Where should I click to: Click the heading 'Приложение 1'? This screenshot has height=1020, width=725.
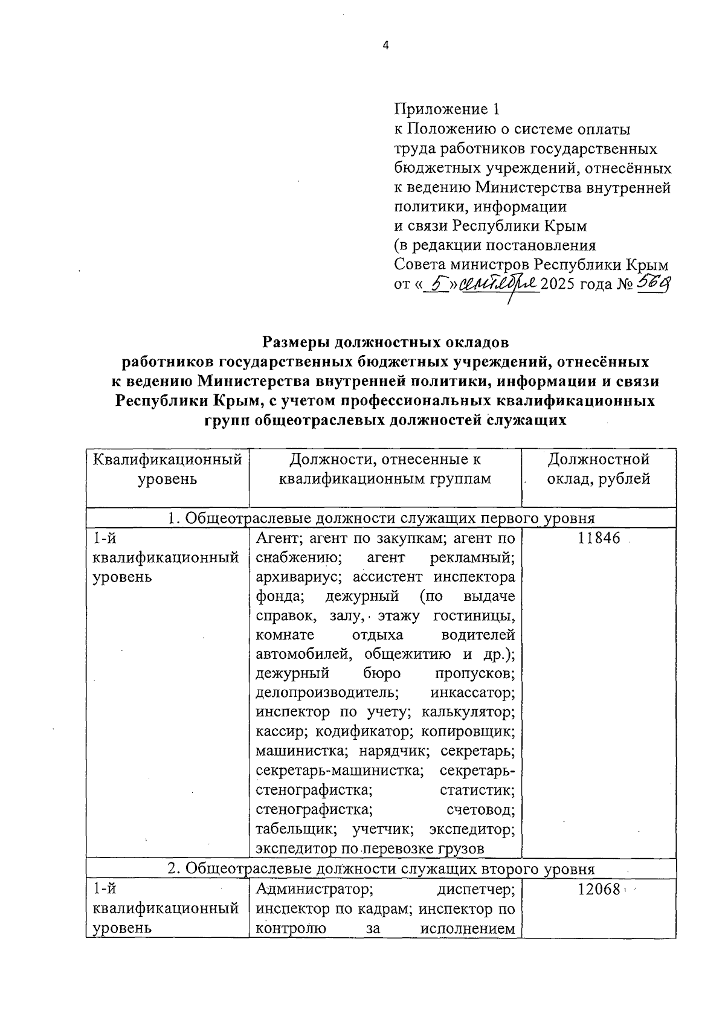click(447, 109)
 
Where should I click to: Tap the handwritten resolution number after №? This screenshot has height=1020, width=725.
click(653, 283)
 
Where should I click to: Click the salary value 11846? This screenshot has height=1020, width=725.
click(599, 539)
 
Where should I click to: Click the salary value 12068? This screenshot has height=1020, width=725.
click(599, 890)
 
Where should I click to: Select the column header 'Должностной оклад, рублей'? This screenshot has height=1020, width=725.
click(599, 469)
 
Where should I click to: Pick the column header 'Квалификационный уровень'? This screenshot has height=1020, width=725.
click(167, 469)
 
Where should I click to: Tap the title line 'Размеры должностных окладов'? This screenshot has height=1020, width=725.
click(385, 342)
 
